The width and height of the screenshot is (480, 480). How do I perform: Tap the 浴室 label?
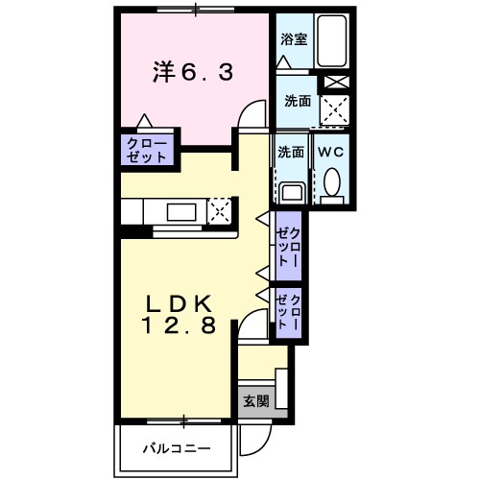point(293,39)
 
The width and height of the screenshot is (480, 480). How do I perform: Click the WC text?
point(331,153)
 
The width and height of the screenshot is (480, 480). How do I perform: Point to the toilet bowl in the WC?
point(332,181)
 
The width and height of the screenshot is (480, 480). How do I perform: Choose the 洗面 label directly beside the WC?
point(291,152)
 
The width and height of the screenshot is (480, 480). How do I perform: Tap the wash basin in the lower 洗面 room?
point(292,190)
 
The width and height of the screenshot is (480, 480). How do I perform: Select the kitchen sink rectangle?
point(180,211)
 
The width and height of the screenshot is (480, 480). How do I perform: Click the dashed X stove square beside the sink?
point(219,210)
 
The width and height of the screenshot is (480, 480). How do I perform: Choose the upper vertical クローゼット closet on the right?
point(289,248)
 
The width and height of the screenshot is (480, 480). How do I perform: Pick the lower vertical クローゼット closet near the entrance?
point(289,313)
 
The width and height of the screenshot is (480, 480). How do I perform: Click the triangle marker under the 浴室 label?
point(283,60)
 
